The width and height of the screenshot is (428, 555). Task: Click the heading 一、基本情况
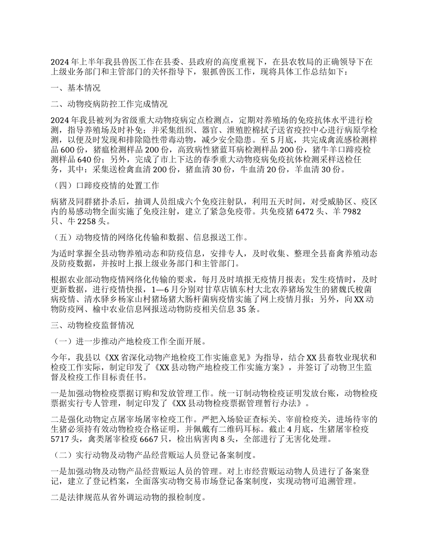coord(75,88)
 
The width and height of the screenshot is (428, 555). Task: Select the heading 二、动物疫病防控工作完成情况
coord(109,104)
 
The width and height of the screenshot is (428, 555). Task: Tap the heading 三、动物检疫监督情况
coord(92,324)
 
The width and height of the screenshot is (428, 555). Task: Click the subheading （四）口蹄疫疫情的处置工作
coord(105,185)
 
